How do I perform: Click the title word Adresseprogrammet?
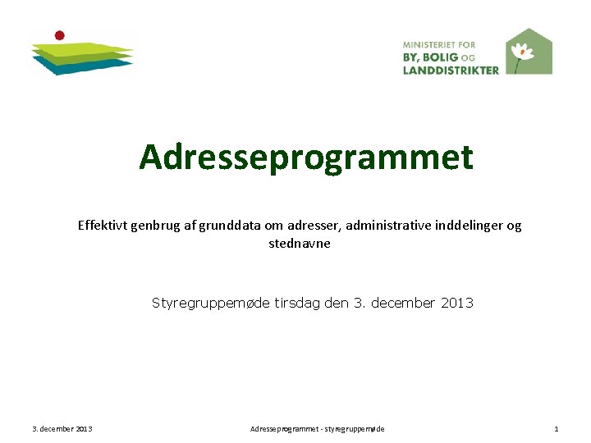pyautogui.click(x=305, y=157)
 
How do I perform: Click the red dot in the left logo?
pyautogui.click(x=59, y=35)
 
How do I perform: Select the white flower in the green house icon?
pyautogui.click(x=521, y=52)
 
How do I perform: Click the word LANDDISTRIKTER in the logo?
pyautogui.click(x=451, y=71)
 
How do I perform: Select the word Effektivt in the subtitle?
pyautogui.click(x=104, y=226)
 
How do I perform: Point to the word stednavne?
pyautogui.click(x=300, y=244)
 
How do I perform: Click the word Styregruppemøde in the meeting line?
pyautogui.click(x=209, y=303)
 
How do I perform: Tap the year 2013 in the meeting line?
pyautogui.click(x=456, y=303)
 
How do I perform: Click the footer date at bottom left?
pyautogui.click(x=62, y=429)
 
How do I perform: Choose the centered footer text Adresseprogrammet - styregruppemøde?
pyautogui.click(x=317, y=429)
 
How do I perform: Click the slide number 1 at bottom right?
pyautogui.click(x=556, y=429)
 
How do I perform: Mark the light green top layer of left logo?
pyautogui.click(x=82, y=48)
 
